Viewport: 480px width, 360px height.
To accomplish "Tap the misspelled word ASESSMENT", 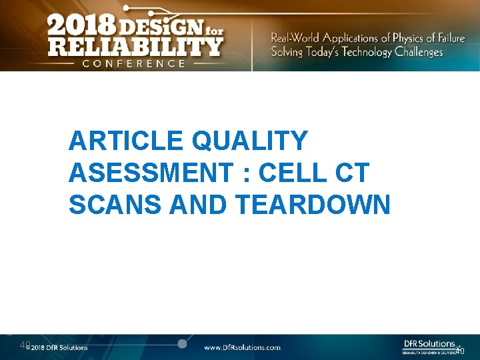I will tap(151, 173).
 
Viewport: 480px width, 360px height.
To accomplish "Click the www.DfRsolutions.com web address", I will tap(241, 347).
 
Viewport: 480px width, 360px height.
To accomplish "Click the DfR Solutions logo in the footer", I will tap(430, 345).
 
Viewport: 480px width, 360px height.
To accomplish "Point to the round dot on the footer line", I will tap(181, 343).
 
